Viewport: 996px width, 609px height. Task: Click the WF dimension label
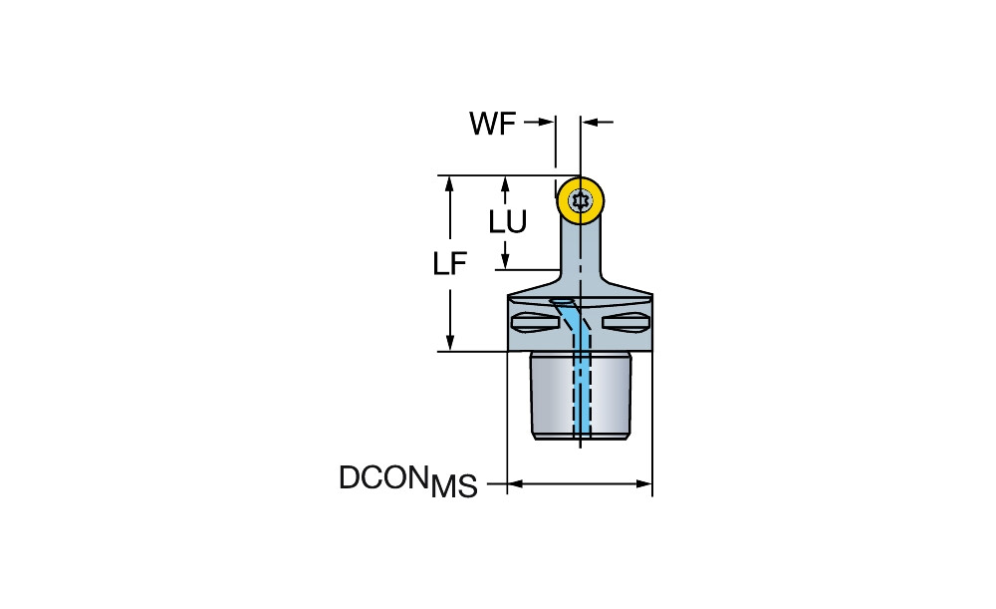point(493,124)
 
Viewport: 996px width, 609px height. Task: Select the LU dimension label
point(508,221)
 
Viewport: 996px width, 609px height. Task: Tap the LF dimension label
point(450,264)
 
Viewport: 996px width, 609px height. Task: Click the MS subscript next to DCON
point(454,488)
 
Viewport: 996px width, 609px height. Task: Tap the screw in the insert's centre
point(581,200)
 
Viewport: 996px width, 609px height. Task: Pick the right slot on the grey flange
point(627,322)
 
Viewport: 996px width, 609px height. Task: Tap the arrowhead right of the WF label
point(547,123)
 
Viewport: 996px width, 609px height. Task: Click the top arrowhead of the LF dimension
point(450,183)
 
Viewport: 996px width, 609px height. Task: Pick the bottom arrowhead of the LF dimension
point(450,344)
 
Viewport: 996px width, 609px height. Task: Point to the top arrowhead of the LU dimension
point(505,183)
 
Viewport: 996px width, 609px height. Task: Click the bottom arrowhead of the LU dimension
point(505,262)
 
